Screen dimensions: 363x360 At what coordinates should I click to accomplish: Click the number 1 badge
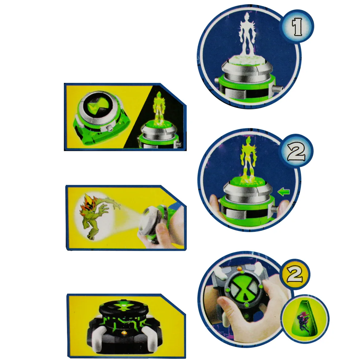pyautogui.click(x=297, y=26)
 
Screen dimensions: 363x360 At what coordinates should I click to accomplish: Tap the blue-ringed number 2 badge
pyautogui.click(x=296, y=151)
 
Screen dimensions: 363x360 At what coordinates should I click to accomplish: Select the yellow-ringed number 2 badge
pyautogui.click(x=295, y=274)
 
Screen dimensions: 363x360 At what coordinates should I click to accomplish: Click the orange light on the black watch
pyautogui.click(x=124, y=332)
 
